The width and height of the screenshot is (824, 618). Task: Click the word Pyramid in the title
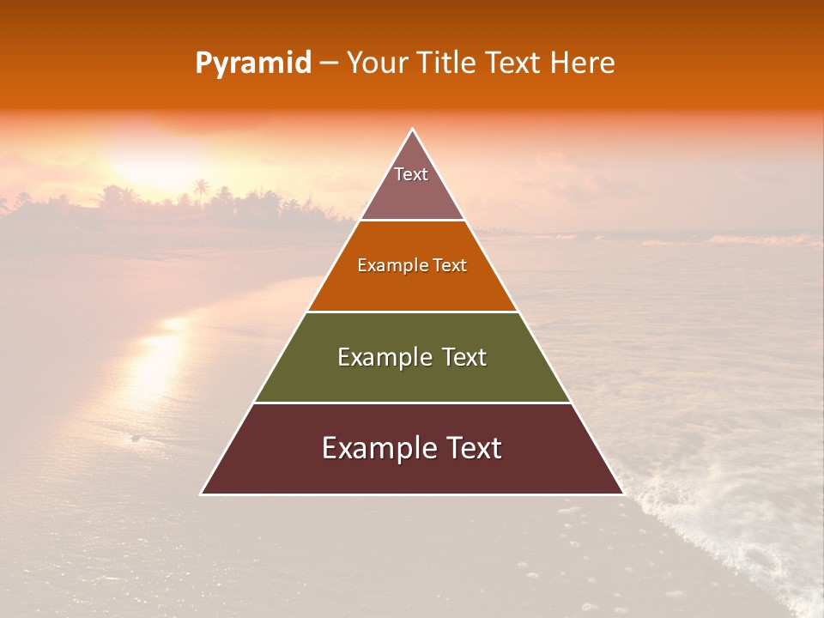pyautogui.click(x=252, y=64)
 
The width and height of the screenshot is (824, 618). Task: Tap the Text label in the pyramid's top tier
pyautogui.click(x=411, y=174)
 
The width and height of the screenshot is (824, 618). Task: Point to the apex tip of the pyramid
pyautogui.click(x=412, y=130)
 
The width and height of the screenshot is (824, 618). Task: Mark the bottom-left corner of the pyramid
pyautogui.click(x=202, y=494)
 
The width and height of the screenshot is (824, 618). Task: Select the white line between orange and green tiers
pyautogui.click(x=412, y=312)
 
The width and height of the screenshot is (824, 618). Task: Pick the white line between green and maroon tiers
pyautogui.click(x=412, y=403)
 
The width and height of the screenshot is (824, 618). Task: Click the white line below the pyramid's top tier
pyautogui.click(x=412, y=221)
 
